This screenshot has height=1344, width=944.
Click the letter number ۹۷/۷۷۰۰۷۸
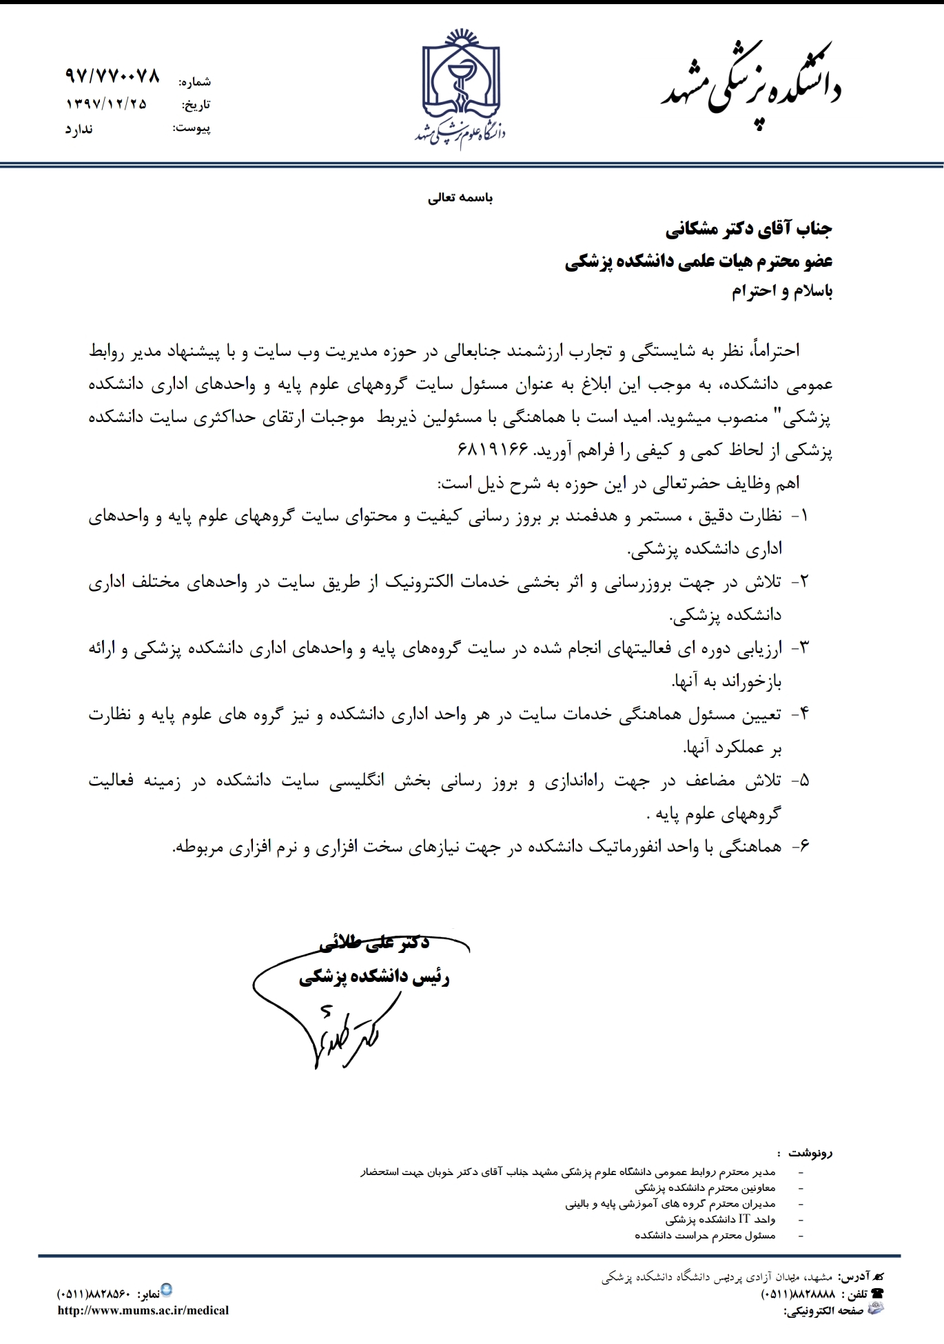(112, 76)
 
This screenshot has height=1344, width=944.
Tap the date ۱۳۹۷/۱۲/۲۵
(107, 104)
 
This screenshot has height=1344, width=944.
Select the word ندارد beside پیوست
(79, 129)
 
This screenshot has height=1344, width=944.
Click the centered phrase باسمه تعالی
(461, 199)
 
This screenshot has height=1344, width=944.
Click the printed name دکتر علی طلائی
(375, 944)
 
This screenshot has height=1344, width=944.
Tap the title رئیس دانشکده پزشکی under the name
(374, 978)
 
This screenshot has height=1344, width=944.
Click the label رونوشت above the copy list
(811, 1152)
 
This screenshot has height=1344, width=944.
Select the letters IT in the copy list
(744, 1219)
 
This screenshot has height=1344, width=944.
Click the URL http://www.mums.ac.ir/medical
(143, 1310)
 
